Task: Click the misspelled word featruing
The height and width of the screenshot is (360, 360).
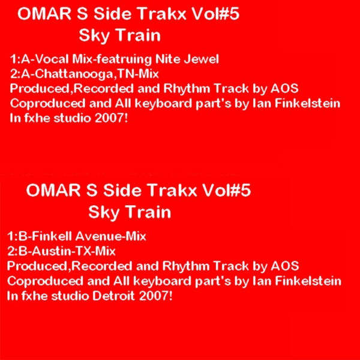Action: (x=127, y=60)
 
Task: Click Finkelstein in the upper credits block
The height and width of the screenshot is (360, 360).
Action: (x=305, y=103)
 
